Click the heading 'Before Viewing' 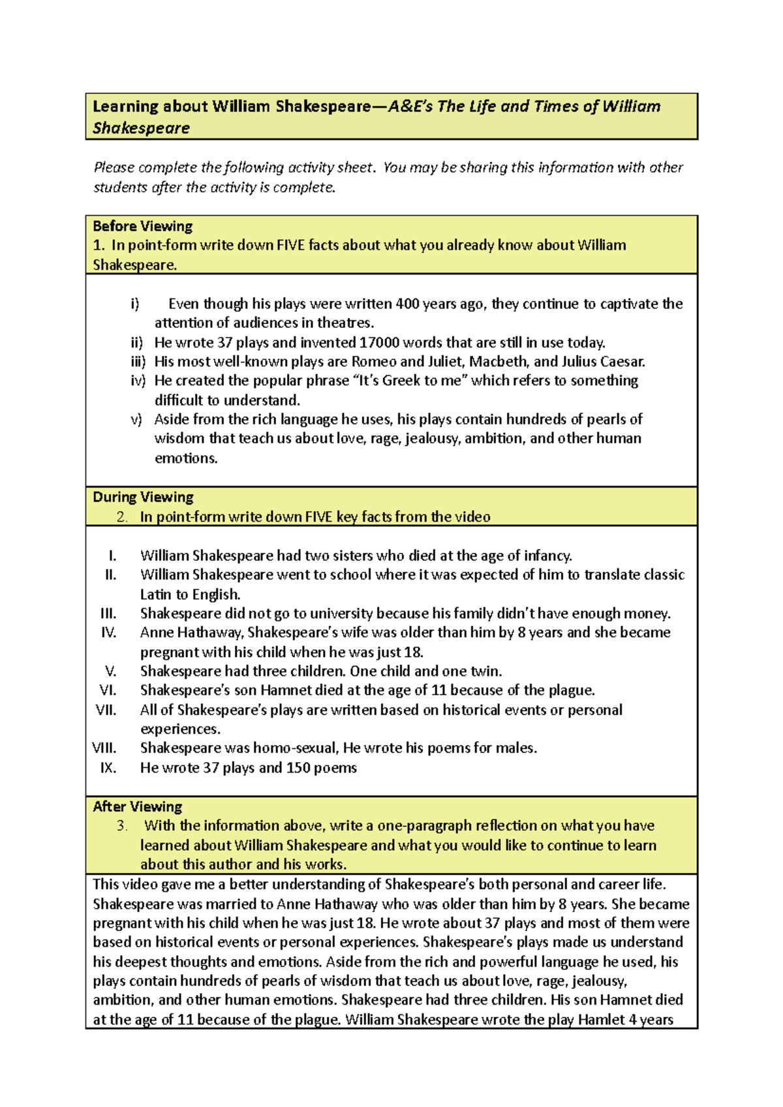tap(142, 226)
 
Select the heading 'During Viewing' tap(143, 497)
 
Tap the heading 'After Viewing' tap(137, 807)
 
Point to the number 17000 tap(379, 343)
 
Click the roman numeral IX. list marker tap(108, 768)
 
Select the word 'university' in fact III tap(341, 613)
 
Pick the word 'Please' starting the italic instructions tap(114, 168)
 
